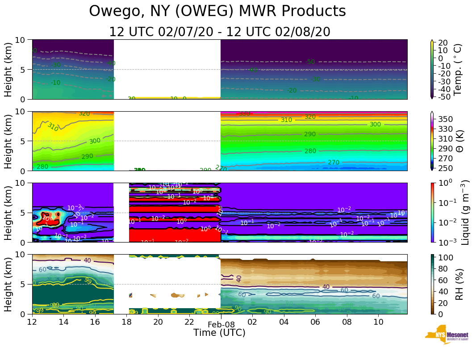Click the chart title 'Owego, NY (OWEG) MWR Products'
217,11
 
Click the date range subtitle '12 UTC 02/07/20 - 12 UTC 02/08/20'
220,32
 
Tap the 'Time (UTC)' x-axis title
219,333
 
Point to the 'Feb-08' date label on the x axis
221,325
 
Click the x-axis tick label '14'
63,322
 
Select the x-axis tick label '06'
315,322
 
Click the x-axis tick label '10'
378,322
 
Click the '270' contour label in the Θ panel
334,162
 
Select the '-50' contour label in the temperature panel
310,62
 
